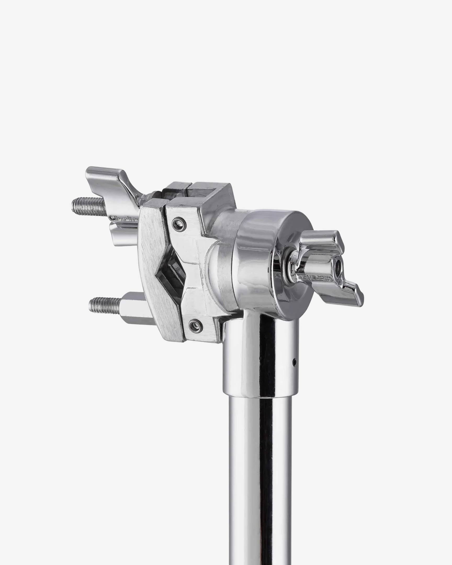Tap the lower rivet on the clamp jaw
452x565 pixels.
tap(195, 326)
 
